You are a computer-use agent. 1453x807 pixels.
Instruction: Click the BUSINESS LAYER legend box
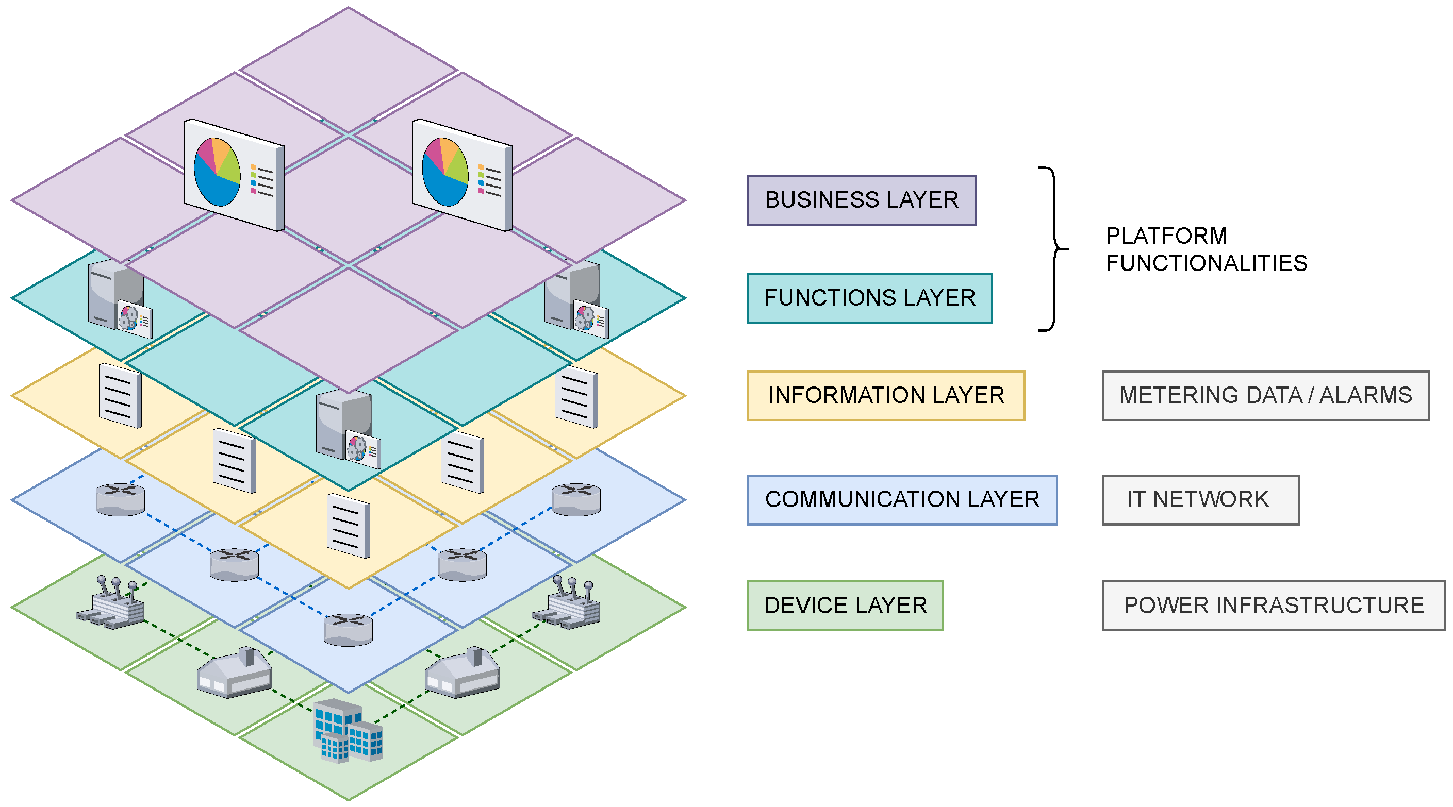pyautogui.click(x=861, y=200)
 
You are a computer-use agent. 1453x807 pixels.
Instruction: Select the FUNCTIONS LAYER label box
pyautogui.click(x=869, y=298)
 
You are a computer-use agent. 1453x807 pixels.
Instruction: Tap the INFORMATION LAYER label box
pyautogui.click(x=885, y=395)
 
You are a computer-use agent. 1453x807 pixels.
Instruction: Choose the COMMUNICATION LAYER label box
pyautogui.click(x=901, y=500)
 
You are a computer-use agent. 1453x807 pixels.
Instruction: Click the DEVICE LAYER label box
pyautogui.click(x=845, y=605)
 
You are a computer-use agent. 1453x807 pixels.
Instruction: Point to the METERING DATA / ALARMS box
pyautogui.click(x=1265, y=395)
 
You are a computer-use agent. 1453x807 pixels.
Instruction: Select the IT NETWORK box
pyautogui.click(x=1200, y=500)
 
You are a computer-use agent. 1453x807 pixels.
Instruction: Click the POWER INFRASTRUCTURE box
pyautogui.click(x=1273, y=605)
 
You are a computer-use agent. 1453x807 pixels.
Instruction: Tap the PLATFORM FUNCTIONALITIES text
pyautogui.click(x=1206, y=249)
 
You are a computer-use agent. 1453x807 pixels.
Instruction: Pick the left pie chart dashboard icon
pyautogui.click(x=234, y=174)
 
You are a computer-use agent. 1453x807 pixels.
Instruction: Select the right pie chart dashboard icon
pyautogui.click(x=462, y=174)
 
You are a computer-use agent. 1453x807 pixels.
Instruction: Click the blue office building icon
pyautogui.click(x=347, y=730)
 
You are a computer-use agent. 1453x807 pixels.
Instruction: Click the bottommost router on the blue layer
pyautogui.click(x=348, y=630)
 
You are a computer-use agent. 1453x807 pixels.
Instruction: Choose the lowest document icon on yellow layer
pyautogui.click(x=348, y=526)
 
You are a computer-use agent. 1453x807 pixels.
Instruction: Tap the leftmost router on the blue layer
pyautogui.click(x=120, y=499)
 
